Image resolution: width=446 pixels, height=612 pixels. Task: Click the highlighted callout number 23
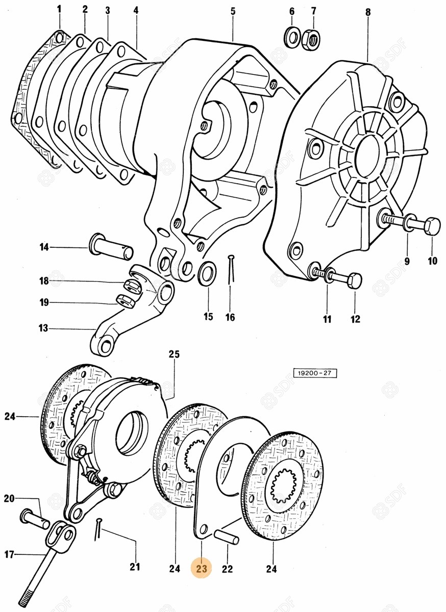click(202, 569)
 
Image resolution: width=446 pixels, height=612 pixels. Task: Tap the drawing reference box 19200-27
click(315, 373)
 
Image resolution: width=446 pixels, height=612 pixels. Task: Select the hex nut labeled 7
click(311, 40)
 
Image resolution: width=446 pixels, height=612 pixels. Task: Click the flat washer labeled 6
click(292, 38)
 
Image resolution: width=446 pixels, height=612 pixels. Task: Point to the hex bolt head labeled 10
click(432, 226)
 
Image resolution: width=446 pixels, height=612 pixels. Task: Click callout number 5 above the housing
click(233, 11)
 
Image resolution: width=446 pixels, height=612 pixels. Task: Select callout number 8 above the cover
click(367, 12)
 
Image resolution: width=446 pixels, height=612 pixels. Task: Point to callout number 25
click(174, 354)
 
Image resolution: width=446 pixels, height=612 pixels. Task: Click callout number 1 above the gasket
click(59, 10)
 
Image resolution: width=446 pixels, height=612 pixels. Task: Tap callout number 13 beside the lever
click(43, 327)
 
